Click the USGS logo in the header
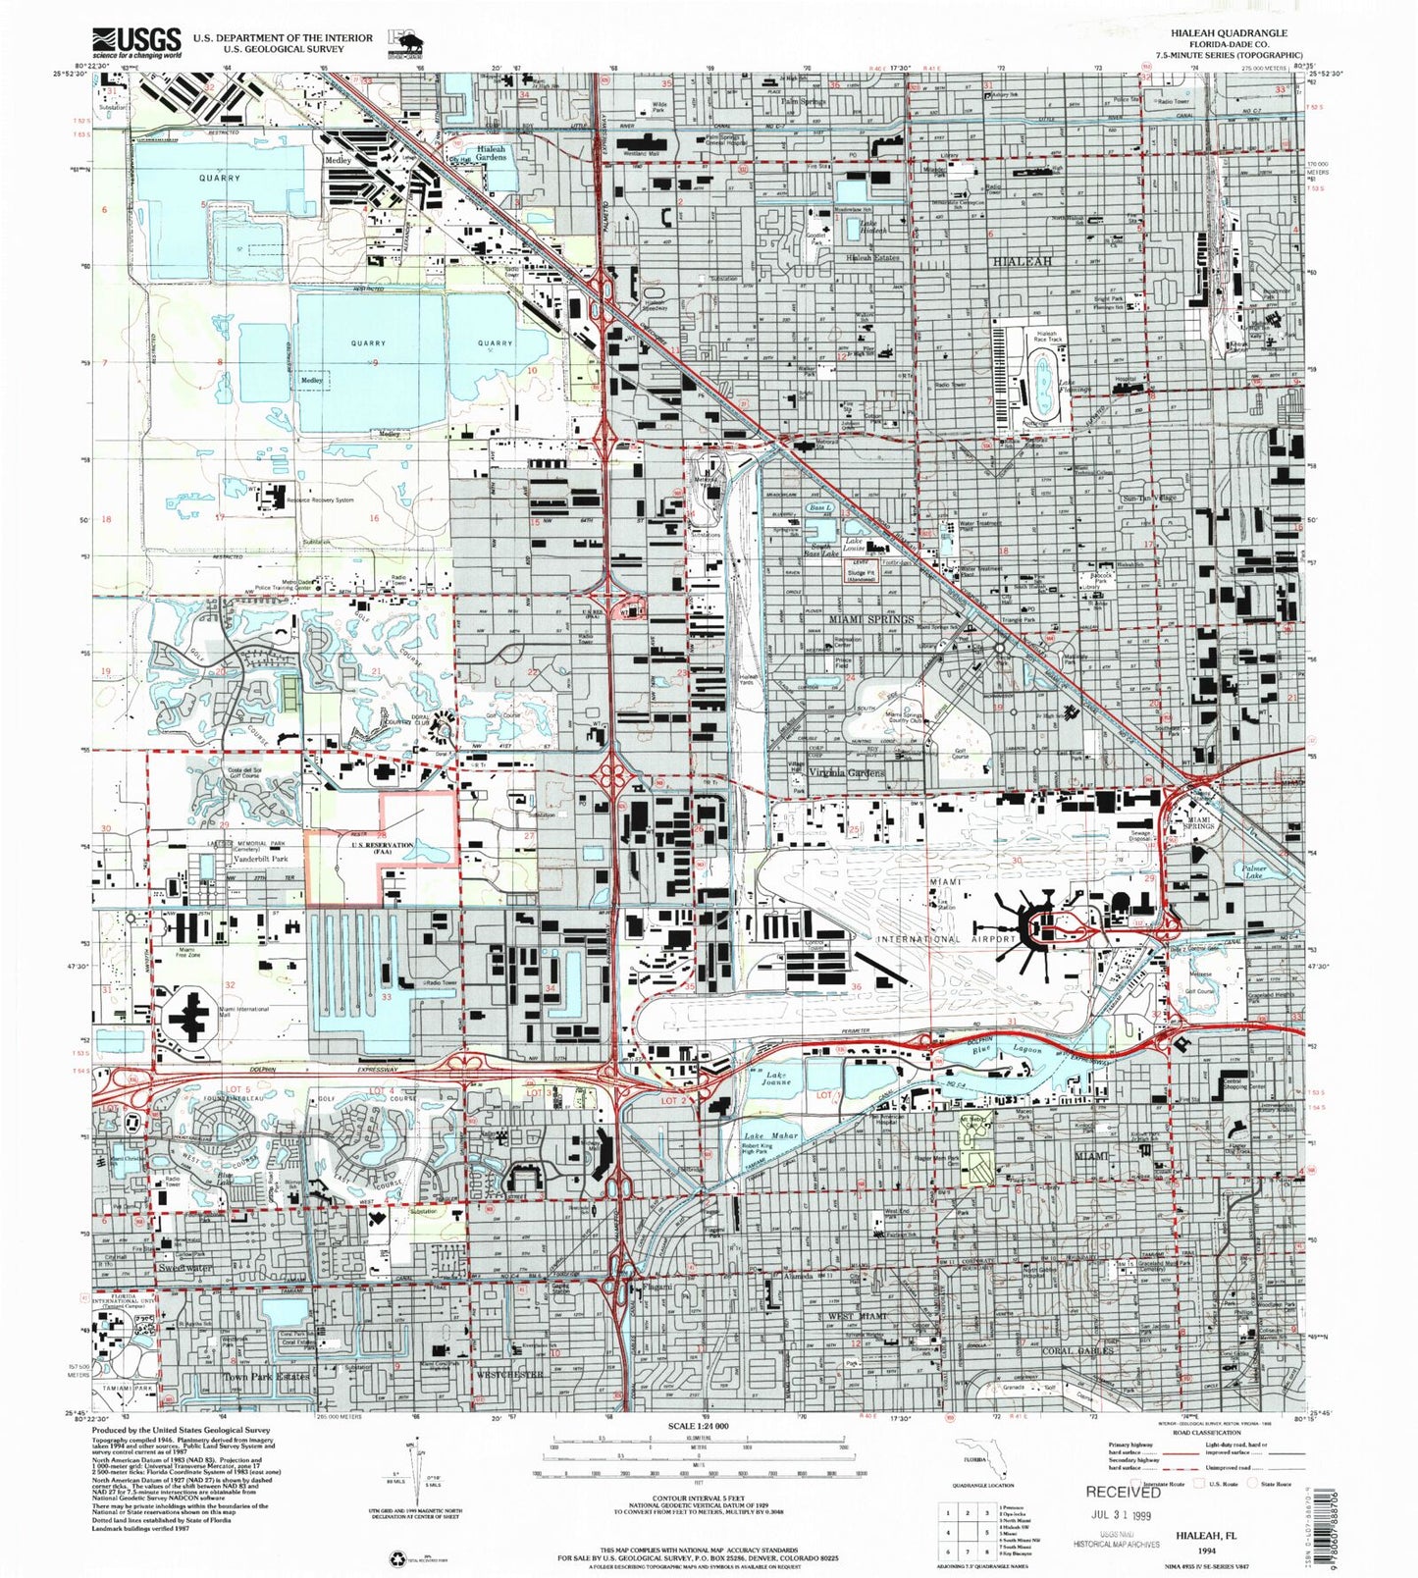pyautogui.click(x=136, y=42)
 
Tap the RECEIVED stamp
pyautogui.click(x=1122, y=1492)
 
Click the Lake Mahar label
pyautogui.click(x=771, y=1136)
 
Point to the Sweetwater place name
pyautogui.click(x=184, y=1268)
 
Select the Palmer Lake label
pyautogui.click(x=1253, y=871)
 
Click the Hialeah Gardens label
pyautogui.click(x=491, y=153)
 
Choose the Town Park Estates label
pyautogui.click(x=266, y=1377)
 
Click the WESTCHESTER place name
pyautogui.click(x=509, y=1375)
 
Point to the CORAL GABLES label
pyautogui.click(x=1077, y=1350)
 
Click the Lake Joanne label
pyautogui.click(x=776, y=1078)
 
